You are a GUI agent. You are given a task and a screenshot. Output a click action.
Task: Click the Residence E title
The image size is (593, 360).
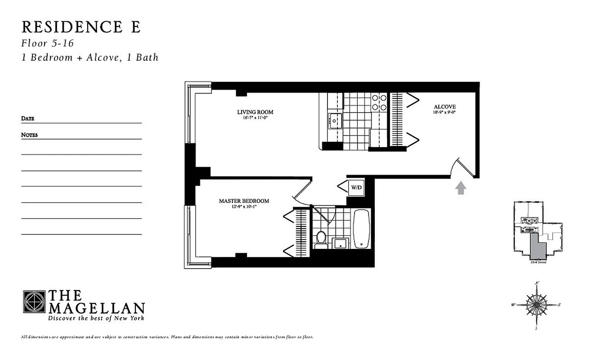[x=81, y=27]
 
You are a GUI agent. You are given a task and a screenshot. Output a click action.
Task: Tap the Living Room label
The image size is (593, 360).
[x=255, y=112]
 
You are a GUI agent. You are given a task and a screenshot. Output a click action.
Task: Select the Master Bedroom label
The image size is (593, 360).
[x=244, y=201]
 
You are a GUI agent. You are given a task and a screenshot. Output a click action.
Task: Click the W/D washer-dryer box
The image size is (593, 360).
[x=355, y=186]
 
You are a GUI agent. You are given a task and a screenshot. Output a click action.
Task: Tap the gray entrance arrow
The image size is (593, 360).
[x=461, y=188]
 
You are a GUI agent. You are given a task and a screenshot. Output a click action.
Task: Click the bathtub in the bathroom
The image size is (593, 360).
[x=361, y=229]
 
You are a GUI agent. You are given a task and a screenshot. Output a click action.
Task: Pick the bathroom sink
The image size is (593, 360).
[x=340, y=243]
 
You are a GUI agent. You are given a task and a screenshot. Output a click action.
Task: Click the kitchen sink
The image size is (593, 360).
[x=335, y=121]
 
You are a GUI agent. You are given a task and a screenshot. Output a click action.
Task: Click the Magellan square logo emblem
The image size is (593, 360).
[x=34, y=301]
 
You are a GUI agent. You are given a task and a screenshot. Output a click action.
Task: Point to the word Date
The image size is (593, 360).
[x=27, y=119]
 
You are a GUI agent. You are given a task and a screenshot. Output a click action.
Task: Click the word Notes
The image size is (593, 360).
[x=29, y=135]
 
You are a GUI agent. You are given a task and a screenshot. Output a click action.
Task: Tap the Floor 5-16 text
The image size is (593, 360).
[x=47, y=44]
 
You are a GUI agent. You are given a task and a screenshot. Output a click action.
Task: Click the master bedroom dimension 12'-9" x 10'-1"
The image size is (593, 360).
[x=244, y=207]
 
